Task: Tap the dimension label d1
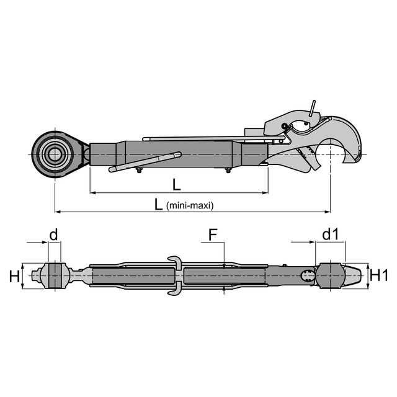point(330,235)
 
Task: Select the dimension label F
point(213,235)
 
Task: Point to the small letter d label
point(54,235)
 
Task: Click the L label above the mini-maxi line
point(177,184)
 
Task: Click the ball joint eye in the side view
point(54,153)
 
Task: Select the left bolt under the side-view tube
point(138,171)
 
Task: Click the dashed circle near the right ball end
point(308,275)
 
